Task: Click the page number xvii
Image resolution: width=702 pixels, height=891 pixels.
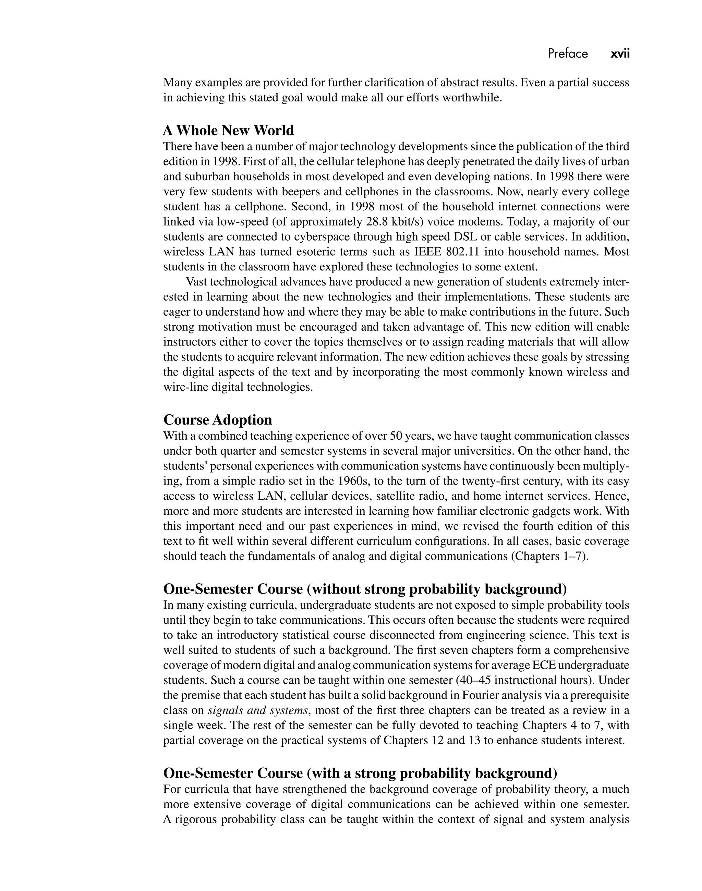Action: coord(620,54)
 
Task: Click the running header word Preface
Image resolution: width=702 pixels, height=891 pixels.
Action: coord(568,54)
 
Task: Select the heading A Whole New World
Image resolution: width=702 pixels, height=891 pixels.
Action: coord(229,130)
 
